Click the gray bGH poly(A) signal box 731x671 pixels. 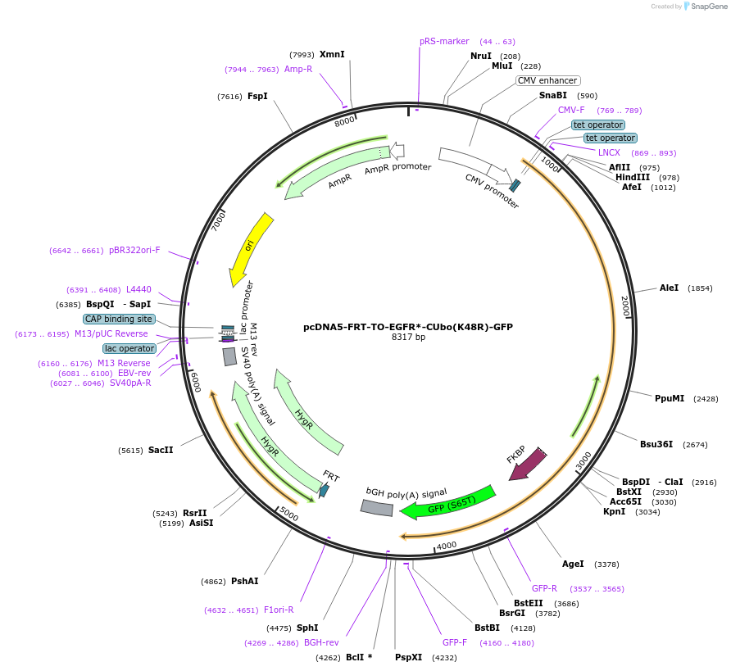(x=376, y=508)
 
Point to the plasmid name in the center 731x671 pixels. (x=408, y=326)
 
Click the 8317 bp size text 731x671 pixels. (x=408, y=337)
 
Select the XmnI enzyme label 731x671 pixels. (x=332, y=54)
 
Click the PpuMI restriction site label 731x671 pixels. (x=670, y=398)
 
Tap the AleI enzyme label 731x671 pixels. (x=669, y=288)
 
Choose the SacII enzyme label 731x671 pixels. (x=161, y=450)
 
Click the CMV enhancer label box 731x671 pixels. (x=547, y=80)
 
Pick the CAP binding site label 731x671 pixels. (x=119, y=319)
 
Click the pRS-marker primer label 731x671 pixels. (x=444, y=41)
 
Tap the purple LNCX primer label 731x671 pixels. (x=609, y=152)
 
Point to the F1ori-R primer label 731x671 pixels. (x=279, y=610)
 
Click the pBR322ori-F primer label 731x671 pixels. (x=134, y=251)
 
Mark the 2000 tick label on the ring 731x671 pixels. (x=625, y=306)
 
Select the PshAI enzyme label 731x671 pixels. (x=244, y=581)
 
